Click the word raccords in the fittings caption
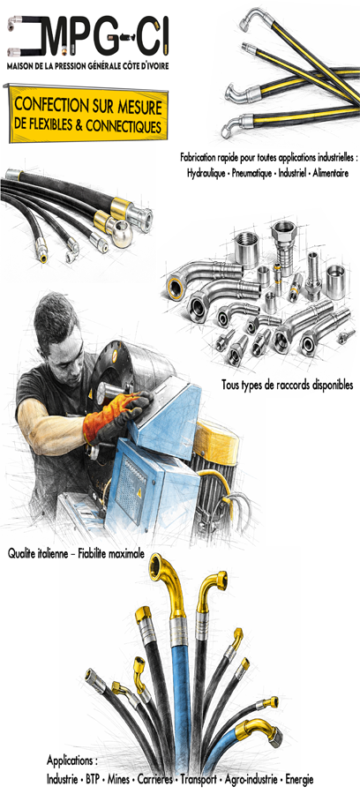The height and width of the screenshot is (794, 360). coord(277,385)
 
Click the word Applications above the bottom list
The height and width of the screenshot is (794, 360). coord(71,761)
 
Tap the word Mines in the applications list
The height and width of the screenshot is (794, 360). coord(118,780)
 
